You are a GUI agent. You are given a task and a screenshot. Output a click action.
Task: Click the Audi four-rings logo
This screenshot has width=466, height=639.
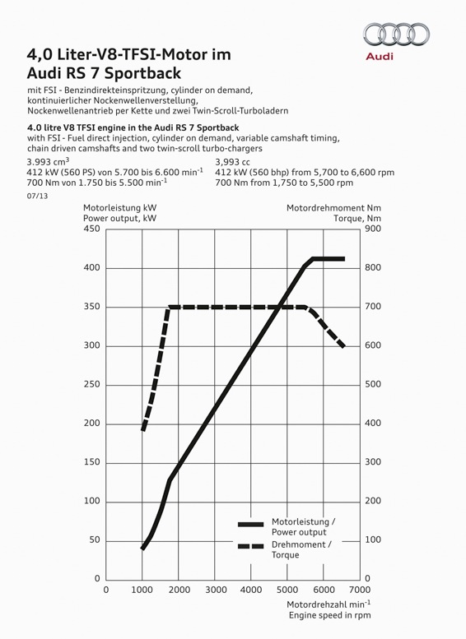tap(396, 34)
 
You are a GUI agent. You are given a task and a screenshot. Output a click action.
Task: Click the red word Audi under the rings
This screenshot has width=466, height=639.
tap(380, 56)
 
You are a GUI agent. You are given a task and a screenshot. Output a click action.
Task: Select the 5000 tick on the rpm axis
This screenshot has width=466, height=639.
tap(287, 590)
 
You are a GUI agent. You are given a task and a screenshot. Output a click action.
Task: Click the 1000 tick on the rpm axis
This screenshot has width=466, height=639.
tap(142, 590)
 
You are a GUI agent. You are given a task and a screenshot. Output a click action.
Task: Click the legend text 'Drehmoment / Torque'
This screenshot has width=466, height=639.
tap(301, 549)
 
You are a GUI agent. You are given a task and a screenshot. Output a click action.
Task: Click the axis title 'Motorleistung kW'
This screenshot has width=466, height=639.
tap(119, 208)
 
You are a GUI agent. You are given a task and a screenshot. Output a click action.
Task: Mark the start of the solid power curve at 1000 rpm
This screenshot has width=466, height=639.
tap(142, 548)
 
